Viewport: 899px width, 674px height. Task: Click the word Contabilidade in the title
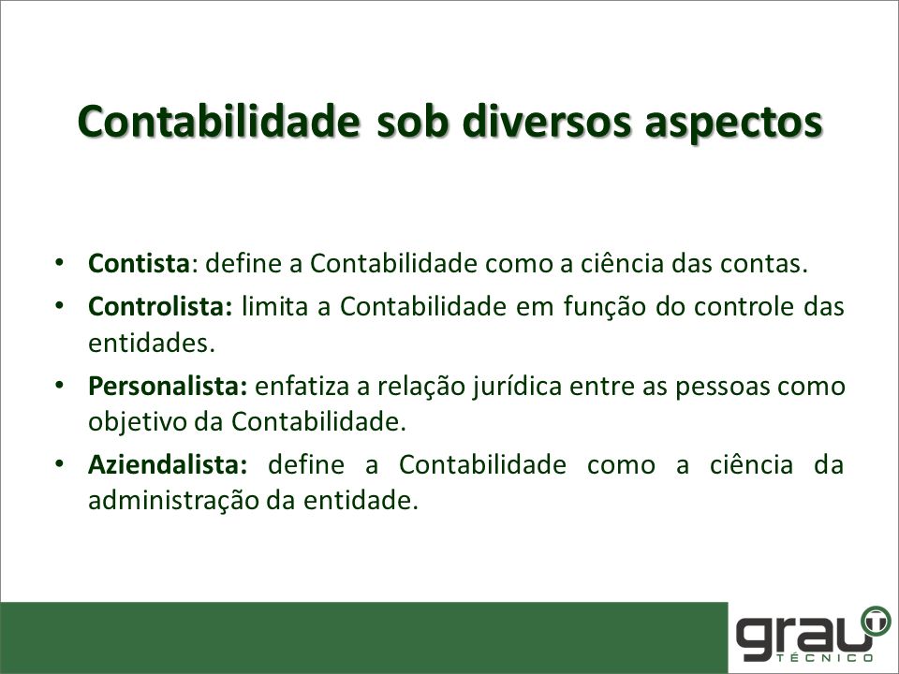tap(218, 122)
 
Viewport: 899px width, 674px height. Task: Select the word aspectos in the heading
tap(734, 125)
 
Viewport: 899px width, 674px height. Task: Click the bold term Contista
tap(139, 264)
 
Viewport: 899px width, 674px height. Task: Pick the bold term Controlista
tap(160, 307)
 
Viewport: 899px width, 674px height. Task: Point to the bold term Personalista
tap(168, 386)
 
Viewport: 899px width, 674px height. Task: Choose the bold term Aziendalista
tap(168, 464)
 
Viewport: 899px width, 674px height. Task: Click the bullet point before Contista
tap(59, 263)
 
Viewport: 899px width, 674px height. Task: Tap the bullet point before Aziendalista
tap(59, 463)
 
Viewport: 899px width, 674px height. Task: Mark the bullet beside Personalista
tap(59, 385)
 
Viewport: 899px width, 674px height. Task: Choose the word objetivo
tap(137, 423)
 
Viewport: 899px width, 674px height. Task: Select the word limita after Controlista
tap(275, 307)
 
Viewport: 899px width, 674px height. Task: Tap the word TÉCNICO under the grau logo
tap(825, 657)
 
